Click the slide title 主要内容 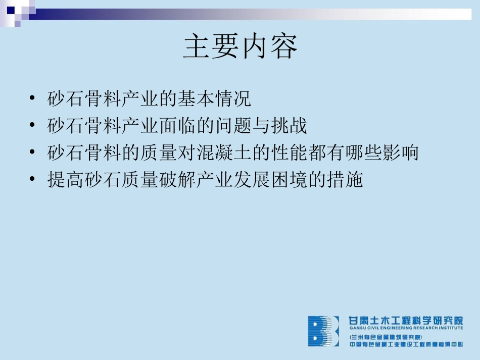(240, 46)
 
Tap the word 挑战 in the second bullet (289, 126)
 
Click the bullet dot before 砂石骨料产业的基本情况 (33, 98)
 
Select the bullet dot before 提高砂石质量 (33, 179)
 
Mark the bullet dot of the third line (33, 152)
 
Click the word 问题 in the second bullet (232, 126)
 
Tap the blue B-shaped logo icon (323, 331)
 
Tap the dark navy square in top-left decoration (11, 9)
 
